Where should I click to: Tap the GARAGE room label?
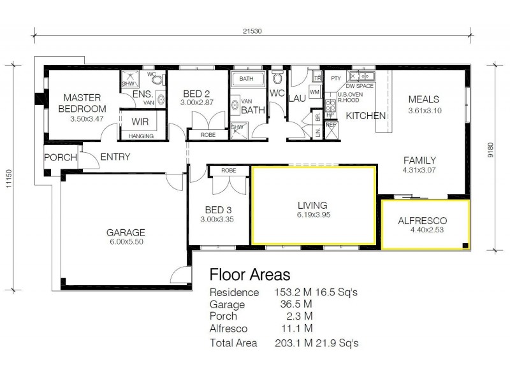click(126, 232)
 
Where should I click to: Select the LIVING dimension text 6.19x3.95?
click(312, 215)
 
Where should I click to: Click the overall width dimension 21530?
click(253, 30)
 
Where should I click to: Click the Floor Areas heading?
click(250, 274)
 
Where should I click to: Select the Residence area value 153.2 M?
click(291, 293)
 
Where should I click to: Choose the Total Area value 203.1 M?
click(291, 343)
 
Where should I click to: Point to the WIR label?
click(140, 121)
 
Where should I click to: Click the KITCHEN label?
click(365, 116)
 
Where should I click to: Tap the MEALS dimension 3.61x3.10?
click(424, 110)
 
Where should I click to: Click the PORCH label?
click(60, 157)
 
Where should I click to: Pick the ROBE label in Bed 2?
click(208, 134)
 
